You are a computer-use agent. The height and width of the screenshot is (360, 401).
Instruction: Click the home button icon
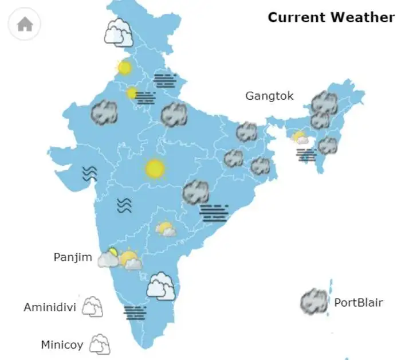[x=25, y=24]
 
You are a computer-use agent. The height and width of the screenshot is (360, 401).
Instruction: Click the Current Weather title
[x=331, y=17]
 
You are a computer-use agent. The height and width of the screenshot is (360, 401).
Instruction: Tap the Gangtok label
[x=269, y=96]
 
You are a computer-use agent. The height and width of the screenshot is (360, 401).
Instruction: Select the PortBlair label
[x=358, y=303]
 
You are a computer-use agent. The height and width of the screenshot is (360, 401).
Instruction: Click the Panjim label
[x=73, y=257]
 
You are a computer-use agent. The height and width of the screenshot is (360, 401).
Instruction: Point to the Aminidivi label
[x=50, y=307]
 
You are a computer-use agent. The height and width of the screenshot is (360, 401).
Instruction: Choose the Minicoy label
[x=62, y=345]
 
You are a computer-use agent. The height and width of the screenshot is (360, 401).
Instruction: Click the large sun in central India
[x=155, y=169]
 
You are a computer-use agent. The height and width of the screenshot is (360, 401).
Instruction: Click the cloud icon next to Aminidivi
[x=92, y=307]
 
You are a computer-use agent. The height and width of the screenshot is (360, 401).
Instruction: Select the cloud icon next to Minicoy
[x=100, y=344]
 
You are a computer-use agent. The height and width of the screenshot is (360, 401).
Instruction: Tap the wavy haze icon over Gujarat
[x=89, y=173]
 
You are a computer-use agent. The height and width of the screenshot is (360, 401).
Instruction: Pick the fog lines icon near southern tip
[x=135, y=312]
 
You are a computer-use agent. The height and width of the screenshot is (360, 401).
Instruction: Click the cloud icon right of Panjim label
[x=108, y=259]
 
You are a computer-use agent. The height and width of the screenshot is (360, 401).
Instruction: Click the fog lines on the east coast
[x=214, y=213]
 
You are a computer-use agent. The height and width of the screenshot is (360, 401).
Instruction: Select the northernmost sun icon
[x=124, y=68]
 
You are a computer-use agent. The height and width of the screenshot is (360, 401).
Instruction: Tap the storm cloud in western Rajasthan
[x=104, y=112]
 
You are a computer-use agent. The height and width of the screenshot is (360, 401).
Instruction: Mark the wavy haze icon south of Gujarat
[x=124, y=205]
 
